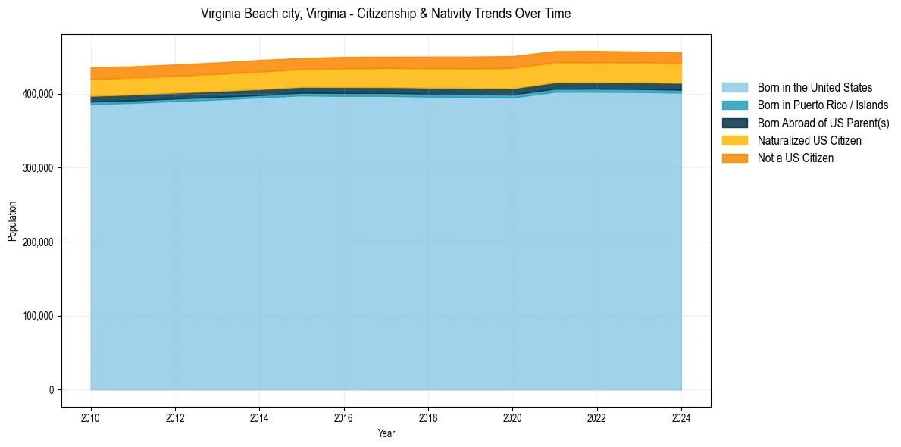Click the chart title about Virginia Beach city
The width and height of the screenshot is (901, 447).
pyautogui.click(x=386, y=14)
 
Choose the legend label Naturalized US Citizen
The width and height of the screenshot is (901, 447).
pyautogui.click(x=809, y=141)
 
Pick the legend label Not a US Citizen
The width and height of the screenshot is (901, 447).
pyautogui.click(x=795, y=158)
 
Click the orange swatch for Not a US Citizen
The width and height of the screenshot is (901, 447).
pyautogui.click(x=734, y=158)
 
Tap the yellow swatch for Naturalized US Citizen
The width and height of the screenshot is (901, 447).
pyautogui.click(x=734, y=141)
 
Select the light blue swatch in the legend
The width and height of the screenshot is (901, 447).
pyautogui.click(x=734, y=88)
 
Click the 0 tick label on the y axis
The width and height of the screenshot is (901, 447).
pyautogui.click(x=52, y=390)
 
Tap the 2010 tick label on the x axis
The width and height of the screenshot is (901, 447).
pyautogui.click(x=90, y=417)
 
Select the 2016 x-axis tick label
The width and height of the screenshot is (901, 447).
pyautogui.click(x=344, y=417)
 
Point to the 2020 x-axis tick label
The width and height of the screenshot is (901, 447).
pyautogui.click(x=513, y=417)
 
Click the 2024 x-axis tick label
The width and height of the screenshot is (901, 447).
pyautogui.click(x=682, y=417)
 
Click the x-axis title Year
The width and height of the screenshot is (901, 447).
pyautogui.click(x=386, y=434)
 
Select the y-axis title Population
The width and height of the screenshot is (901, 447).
pyautogui.click(x=12, y=220)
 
